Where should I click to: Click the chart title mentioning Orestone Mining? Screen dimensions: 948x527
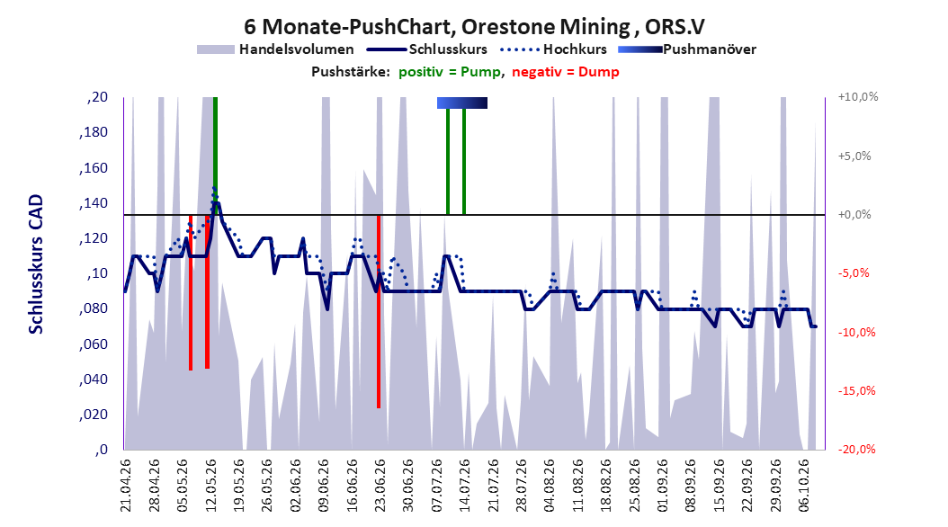tap(474, 27)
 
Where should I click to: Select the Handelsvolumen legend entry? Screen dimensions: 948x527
tap(275, 49)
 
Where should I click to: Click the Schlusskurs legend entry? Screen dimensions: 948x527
tap(428, 49)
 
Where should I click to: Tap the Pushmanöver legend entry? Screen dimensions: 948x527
tap(687, 49)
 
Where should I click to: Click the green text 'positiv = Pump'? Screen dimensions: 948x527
tap(450, 72)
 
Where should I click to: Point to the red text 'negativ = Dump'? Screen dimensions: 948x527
tap(566, 72)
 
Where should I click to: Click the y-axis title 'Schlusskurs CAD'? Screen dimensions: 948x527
tap(36, 264)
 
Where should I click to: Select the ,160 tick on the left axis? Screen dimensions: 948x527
tap(94, 167)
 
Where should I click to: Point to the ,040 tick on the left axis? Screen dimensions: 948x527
tap(94, 379)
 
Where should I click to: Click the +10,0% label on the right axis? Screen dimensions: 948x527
tap(858, 97)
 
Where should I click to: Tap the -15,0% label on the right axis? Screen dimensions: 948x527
tap(856, 391)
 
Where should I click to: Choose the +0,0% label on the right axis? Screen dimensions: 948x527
tap(854, 215)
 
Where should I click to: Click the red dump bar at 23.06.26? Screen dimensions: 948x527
tap(379, 311)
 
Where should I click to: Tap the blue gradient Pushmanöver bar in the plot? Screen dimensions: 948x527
tap(462, 103)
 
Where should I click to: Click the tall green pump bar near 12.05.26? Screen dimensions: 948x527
tap(215, 156)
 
